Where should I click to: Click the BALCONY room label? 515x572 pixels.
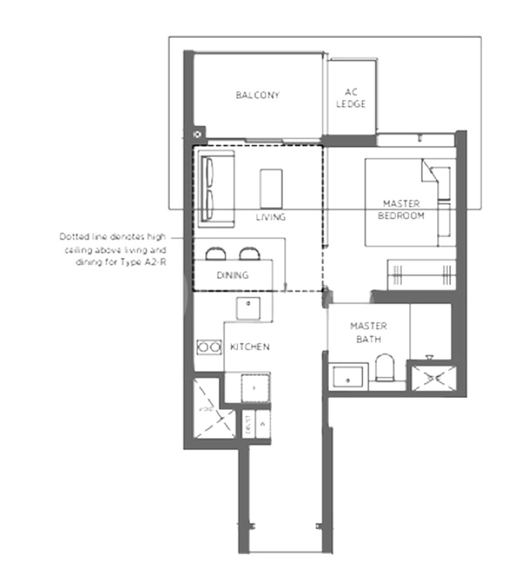click(257, 95)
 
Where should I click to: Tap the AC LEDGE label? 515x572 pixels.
click(351, 99)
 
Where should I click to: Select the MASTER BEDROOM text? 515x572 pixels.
click(401, 210)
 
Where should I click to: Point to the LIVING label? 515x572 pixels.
click(270, 217)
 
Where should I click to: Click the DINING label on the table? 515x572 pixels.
click(232, 275)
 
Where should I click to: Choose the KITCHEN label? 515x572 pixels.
click(250, 347)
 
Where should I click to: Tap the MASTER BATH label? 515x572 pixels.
click(369, 332)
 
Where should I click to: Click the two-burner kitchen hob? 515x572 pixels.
click(209, 347)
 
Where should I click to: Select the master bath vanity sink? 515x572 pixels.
click(348, 377)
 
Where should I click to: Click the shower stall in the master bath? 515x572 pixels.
click(433, 379)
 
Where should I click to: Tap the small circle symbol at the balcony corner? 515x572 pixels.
click(198, 135)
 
